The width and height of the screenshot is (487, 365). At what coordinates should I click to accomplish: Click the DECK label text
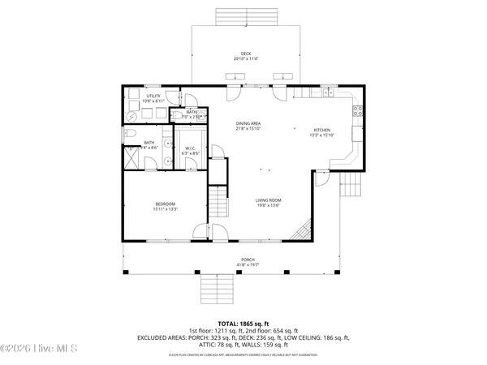click(x=245, y=54)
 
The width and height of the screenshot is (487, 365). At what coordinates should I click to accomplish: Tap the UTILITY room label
click(x=153, y=96)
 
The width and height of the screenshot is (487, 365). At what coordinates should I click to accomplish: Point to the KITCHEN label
click(x=323, y=130)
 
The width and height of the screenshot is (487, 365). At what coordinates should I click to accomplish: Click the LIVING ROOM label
click(x=268, y=200)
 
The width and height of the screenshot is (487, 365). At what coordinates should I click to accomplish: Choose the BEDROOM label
click(x=166, y=204)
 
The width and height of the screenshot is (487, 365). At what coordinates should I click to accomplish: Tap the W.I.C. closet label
click(x=190, y=148)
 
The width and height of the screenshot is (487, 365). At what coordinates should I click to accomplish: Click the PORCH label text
click(x=247, y=260)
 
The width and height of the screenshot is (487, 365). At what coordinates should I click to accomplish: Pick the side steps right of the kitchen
click(x=350, y=186)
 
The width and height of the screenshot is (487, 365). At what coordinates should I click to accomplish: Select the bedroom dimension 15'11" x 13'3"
click(x=166, y=209)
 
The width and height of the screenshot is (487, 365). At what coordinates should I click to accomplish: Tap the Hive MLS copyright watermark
click(x=39, y=350)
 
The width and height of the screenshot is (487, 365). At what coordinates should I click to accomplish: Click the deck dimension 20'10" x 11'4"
click(x=245, y=59)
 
